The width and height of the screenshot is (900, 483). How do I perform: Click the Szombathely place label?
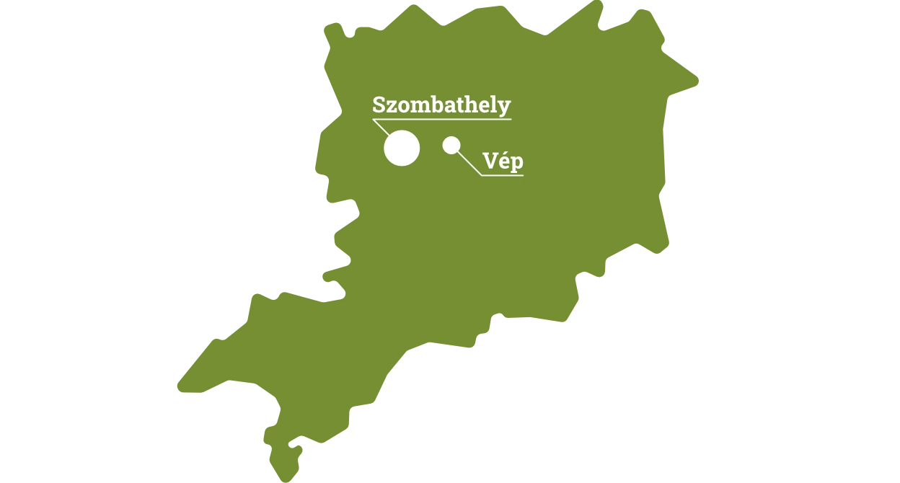pos(441,105)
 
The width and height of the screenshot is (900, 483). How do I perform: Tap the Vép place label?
pos(502,162)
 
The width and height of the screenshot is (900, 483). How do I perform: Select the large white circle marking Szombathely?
pos(402,149)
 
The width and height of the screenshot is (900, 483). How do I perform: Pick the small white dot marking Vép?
pos(451,146)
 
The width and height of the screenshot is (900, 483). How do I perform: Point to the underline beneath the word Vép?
pos(502,175)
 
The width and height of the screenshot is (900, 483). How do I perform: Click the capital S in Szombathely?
pos(379,105)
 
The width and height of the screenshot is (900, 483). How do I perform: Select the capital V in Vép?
pos(490,162)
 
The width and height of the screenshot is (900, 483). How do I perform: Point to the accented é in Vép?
pos(503,162)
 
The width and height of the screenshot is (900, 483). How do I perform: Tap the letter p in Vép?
pos(516,164)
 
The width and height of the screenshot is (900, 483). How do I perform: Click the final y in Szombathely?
pos(504,107)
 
